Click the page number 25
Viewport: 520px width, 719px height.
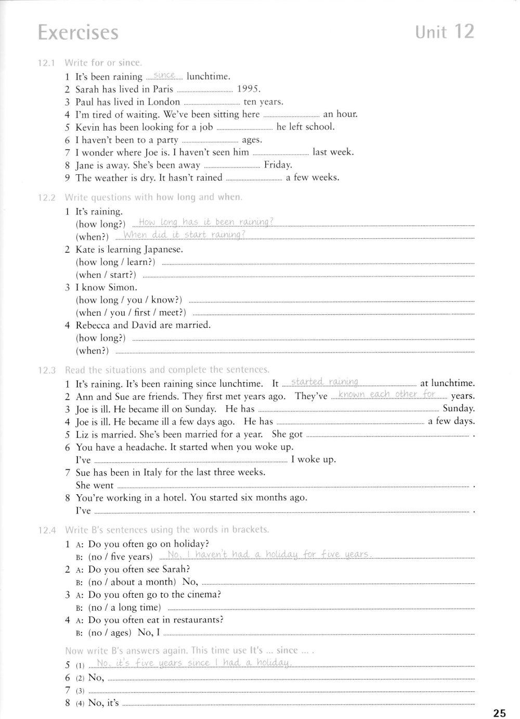click(x=499, y=712)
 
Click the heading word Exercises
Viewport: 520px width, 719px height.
click(x=78, y=33)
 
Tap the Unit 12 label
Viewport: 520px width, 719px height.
click(x=445, y=32)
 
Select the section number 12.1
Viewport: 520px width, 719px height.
click(x=46, y=63)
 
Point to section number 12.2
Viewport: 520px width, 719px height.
click(x=46, y=198)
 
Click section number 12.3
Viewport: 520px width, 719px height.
click(x=46, y=370)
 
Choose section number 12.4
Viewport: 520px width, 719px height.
click(x=46, y=530)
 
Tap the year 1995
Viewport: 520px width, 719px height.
click(x=249, y=89)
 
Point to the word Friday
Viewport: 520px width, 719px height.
click(x=278, y=165)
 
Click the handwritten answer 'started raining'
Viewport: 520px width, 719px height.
click(x=325, y=382)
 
